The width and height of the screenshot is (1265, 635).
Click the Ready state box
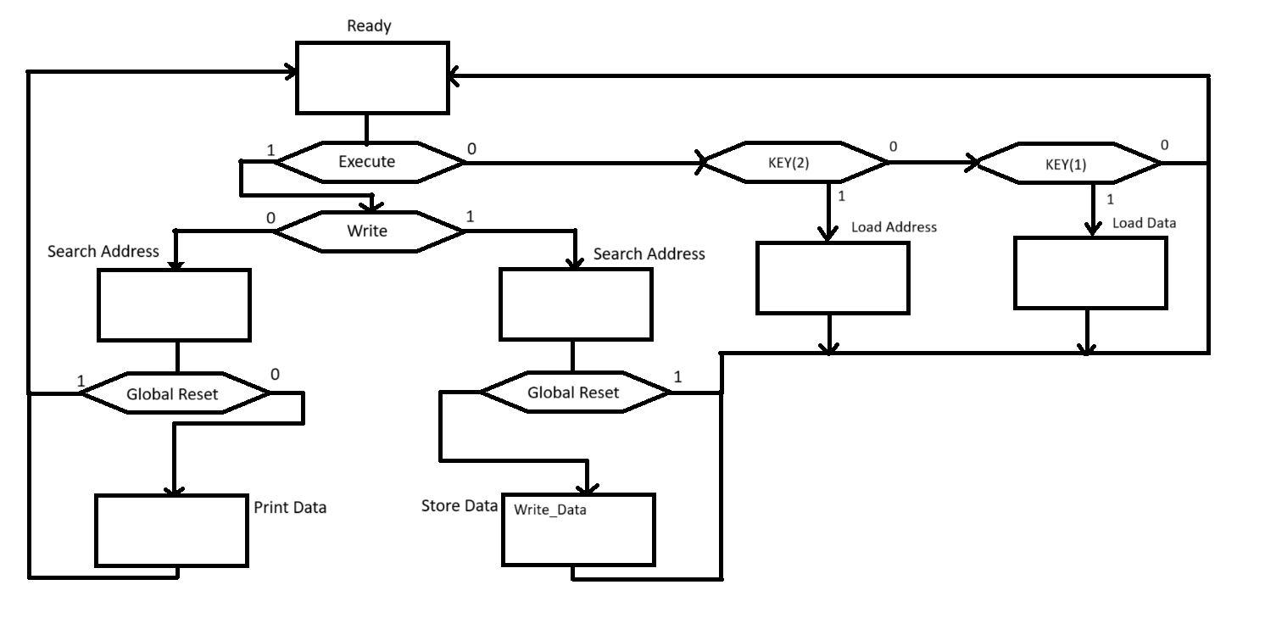[x=371, y=77]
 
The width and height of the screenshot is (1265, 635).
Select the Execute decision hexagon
[x=367, y=161]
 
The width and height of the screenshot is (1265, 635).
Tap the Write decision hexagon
[x=367, y=231]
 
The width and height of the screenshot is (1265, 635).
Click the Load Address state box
[x=832, y=278]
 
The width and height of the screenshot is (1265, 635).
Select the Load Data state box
[x=1090, y=272]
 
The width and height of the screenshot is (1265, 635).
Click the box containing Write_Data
[x=577, y=530]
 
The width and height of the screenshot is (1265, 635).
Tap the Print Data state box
[x=171, y=531]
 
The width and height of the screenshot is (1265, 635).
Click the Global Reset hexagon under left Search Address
[x=173, y=394]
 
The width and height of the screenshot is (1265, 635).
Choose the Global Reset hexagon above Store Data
[x=574, y=393]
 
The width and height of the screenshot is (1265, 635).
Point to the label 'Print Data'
[x=290, y=508]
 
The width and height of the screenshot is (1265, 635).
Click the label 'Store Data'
[x=459, y=506]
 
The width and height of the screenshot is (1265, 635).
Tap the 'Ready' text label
[x=369, y=26]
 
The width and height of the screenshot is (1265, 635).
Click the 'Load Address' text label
[x=894, y=227]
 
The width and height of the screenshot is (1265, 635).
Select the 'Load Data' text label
[x=1144, y=223]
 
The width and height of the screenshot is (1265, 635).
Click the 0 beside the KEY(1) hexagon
[x=1164, y=146]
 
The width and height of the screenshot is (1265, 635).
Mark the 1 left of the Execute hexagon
[x=270, y=150]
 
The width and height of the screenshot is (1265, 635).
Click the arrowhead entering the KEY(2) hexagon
[x=702, y=161]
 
